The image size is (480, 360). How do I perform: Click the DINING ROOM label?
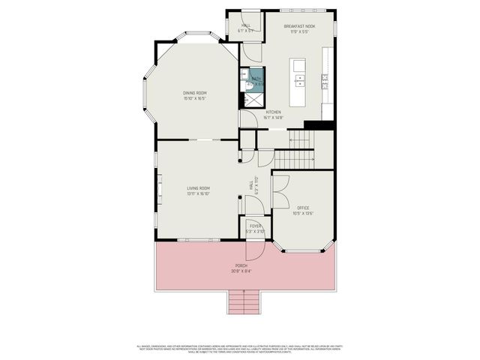pyautogui.click(x=194, y=93)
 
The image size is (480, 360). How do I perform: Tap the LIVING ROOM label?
pyautogui.click(x=198, y=188)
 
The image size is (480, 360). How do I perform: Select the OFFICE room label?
pyautogui.click(x=303, y=208)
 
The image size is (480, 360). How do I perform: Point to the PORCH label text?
pyautogui.click(x=240, y=265)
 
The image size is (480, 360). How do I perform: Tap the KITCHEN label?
pyautogui.click(x=273, y=112)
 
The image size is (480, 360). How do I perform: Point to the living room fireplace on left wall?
pyautogui.click(x=159, y=187)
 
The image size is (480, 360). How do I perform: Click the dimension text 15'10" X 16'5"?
pyautogui.click(x=194, y=98)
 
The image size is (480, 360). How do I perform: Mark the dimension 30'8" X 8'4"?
pyautogui.click(x=240, y=271)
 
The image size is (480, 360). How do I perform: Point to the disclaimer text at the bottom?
pyautogui.click(x=240, y=348)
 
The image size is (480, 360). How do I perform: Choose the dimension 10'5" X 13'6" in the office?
pyautogui.click(x=303, y=213)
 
